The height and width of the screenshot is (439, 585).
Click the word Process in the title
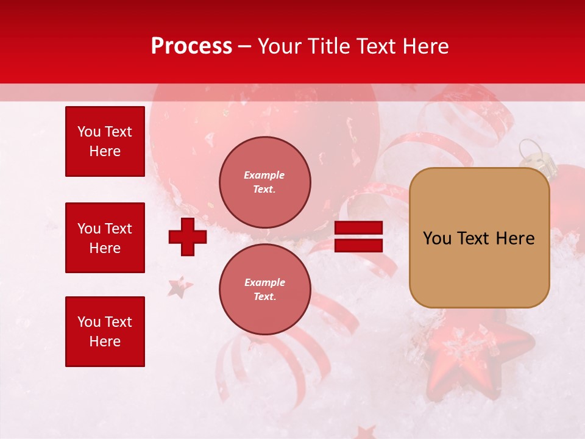(x=191, y=46)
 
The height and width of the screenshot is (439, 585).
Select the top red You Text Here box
(x=105, y=141)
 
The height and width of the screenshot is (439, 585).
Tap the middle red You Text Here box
(x=105, y=238)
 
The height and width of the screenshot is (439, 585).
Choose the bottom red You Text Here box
(x=105, y=332)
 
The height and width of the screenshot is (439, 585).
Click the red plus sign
(x=188, y=237)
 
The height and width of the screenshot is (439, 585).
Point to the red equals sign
(x=358, y=237)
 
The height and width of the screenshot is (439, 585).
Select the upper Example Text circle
(x=264, y=182)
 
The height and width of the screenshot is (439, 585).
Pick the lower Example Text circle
(x=264, y=290)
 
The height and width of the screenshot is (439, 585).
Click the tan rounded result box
(x=479, y=238)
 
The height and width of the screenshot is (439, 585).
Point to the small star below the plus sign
(x=180, y=287)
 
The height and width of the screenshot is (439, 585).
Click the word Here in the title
(x=427, y=46)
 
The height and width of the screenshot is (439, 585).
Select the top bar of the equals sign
(x=358, y=228)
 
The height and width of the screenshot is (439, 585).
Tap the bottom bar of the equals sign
(x=358, y=245)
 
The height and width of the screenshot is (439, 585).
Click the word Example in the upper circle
(x=264, y=175)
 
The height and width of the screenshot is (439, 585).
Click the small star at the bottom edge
(x=366, y=433)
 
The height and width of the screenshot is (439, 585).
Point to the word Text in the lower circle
(x=264, y=297)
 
